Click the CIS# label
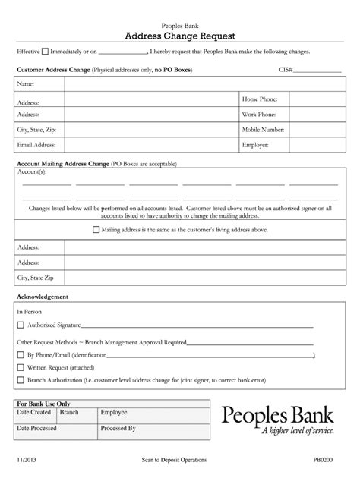286,70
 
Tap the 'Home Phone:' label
260,99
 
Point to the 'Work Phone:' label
260,114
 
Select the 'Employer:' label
255,144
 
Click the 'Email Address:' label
37,144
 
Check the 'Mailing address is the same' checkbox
96,228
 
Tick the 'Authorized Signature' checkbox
21,325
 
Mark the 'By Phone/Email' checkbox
21,354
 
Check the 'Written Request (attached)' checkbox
21,367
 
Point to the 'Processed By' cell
118,428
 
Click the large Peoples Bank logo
276,420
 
